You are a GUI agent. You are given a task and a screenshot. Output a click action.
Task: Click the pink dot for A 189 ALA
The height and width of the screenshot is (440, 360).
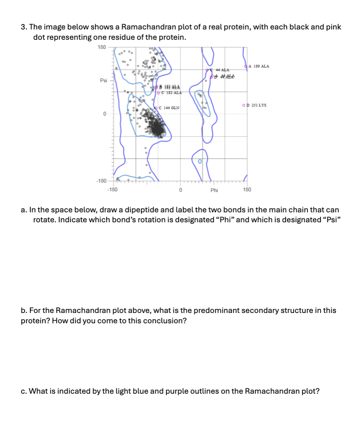click(x=245, y=67)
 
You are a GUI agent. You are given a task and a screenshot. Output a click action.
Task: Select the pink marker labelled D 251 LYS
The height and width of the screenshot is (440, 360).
click(x=244, y=105)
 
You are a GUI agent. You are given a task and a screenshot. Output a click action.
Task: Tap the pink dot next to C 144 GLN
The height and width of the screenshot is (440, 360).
click(x=156, y=108)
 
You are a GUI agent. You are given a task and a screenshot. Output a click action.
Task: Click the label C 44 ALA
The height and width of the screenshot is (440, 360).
click(x=222, y=70)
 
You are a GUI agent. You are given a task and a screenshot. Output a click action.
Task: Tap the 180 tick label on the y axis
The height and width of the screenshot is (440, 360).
click(x=101, y=47)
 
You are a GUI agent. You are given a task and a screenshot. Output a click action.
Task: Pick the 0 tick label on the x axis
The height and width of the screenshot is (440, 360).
click(x=180, y=189)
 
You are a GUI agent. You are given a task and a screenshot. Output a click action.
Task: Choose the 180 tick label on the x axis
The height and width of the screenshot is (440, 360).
click(x=247, y=189)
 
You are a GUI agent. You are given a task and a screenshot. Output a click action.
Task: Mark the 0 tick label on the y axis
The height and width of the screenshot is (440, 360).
click(x=104, y=114)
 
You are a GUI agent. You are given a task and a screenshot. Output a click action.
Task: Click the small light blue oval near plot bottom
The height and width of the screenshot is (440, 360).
click(x=199, y=162)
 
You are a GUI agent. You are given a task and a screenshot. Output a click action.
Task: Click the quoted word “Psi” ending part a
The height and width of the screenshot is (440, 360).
click(x=330, y=220)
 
